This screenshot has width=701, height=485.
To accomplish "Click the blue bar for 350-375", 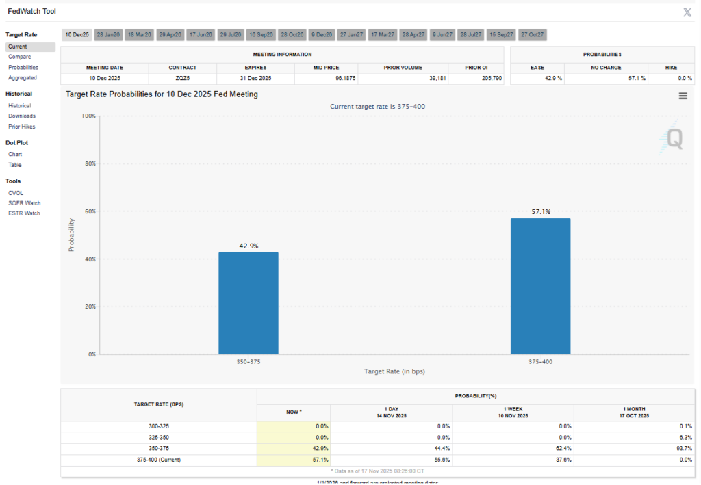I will [x=248, y=303].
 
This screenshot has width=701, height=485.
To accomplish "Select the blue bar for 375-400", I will [x=540, y=286].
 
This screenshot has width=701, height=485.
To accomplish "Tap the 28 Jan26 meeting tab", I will [x=108, y=34].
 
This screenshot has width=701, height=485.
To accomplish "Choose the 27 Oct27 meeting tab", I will [x=531, y=34].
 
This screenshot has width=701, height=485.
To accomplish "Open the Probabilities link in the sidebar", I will [x=23, y=67].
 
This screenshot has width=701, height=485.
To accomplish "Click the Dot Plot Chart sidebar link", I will [x=15, y=154].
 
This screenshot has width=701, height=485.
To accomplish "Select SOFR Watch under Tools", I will [x=24, y=203].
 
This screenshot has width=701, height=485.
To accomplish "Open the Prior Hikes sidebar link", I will [x=22, y=127].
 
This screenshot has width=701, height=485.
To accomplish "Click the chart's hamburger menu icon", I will [x=683, y=96].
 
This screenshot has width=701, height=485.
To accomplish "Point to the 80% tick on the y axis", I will [x=89, y=163].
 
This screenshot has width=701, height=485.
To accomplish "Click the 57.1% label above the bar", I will [x=540, y=212].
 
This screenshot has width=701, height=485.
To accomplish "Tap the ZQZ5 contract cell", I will [x=182, y=79].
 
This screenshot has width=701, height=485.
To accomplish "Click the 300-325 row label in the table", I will [x=158, y=425].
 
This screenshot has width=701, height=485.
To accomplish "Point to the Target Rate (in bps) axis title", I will [x=394, y=371].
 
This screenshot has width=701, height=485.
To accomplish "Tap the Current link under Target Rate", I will [x=18, y=47].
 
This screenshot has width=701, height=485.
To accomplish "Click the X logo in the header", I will [x=687, y=12].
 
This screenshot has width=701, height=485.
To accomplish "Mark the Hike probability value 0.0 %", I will [x=676, y=79].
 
